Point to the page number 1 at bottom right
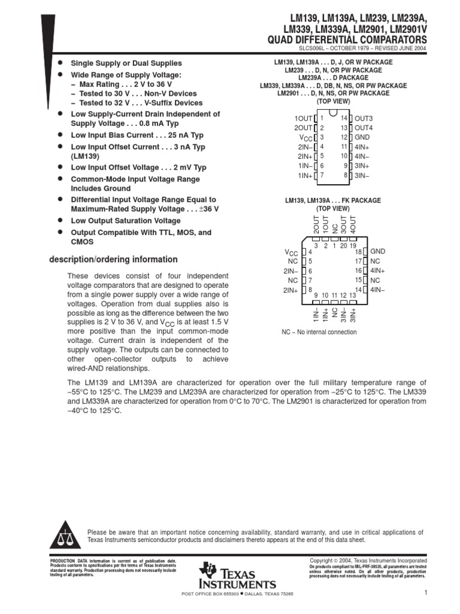pyautogui.click(x=424, y=593)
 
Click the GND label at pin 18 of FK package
pyautogui.click(x=378, y=251)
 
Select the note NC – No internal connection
pyautogui.click(x=319, y=332)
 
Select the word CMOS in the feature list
pyautogui.click(x=82, y=242)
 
